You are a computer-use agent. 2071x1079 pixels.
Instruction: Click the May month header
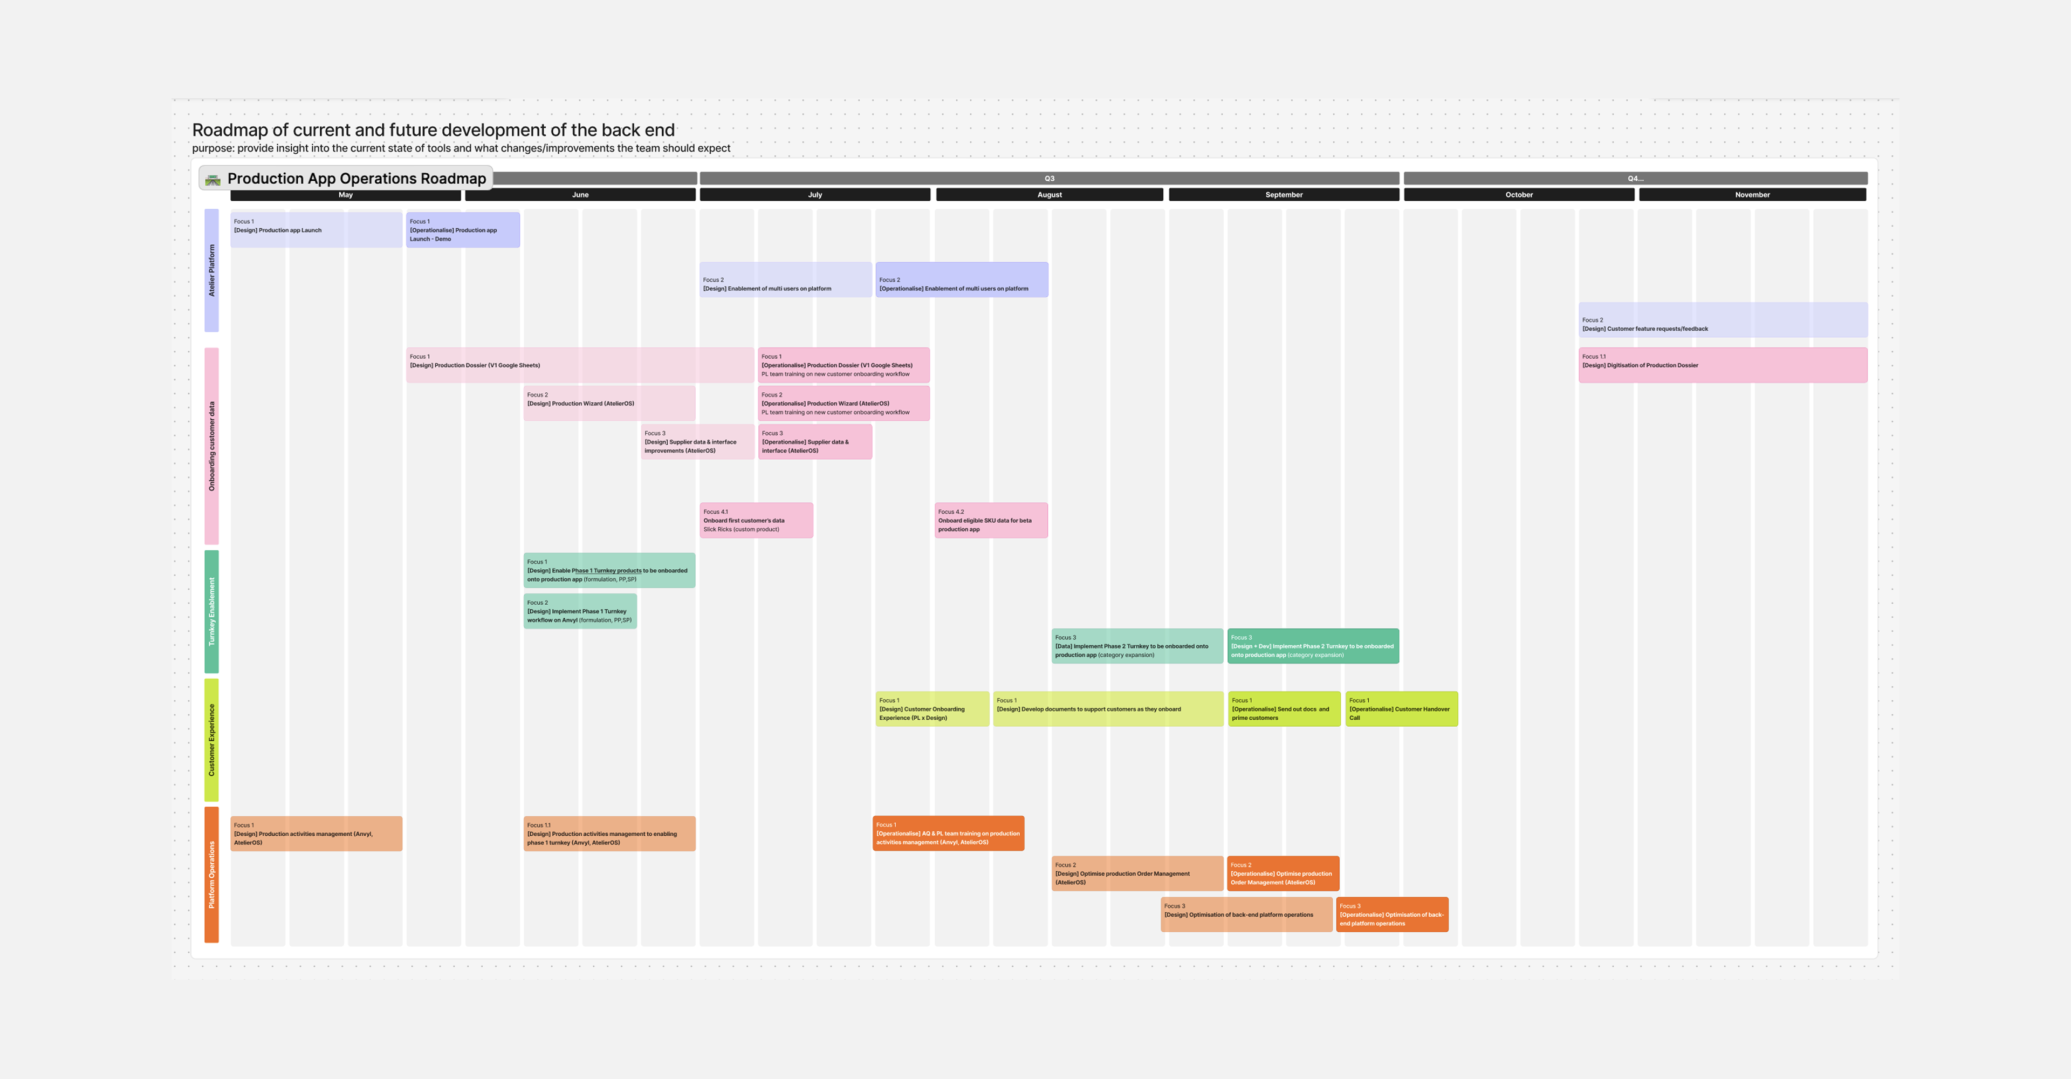pos(346,195)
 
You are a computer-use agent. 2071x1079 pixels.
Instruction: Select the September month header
pos(1284,195)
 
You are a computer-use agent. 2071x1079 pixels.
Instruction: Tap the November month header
pos(1753,195)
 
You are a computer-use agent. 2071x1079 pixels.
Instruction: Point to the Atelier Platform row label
pos(211,270)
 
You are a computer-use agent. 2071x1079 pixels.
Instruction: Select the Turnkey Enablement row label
pos(211,611)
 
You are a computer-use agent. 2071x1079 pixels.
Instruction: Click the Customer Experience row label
pos(211,740)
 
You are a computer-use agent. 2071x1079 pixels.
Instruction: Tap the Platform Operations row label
pos(211,874)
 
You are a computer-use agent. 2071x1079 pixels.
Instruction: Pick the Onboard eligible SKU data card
pos(991,520)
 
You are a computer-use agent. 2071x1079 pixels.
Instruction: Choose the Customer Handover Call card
pos(1401,709)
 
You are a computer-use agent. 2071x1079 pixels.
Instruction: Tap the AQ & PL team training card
pos(949,834)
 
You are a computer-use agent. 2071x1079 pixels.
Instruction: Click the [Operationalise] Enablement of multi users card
pos(962,280)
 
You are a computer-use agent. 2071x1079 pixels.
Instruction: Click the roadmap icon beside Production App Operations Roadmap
pos(213,179)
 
